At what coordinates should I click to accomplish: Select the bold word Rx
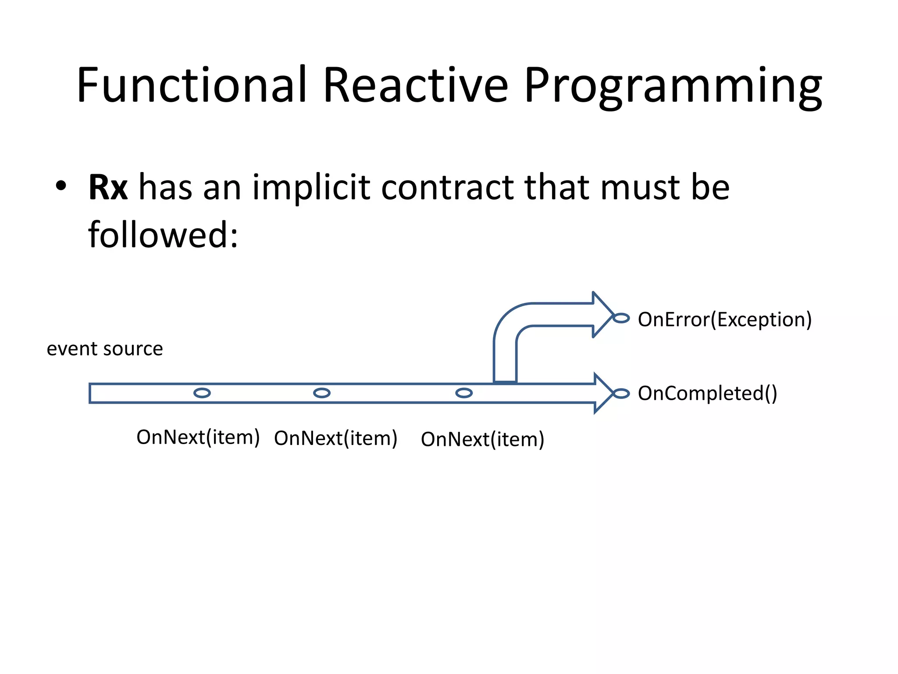coord(108,187)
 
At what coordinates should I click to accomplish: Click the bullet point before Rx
coord(61,186)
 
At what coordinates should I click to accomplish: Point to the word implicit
coord(311,187)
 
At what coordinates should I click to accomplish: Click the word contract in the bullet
coord(447,187)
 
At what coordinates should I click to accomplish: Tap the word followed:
coord(163,235)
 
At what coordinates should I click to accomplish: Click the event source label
coord(105,349)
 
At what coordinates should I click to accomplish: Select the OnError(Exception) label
coord(724,319)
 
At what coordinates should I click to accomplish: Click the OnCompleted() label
coord(707,393)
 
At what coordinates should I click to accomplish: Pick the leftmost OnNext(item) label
coord(198,437)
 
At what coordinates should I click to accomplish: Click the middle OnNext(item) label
coord(335,438)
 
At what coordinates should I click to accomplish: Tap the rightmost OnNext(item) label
coord(482,439)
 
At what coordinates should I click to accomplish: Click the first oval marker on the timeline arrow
coord(202,393)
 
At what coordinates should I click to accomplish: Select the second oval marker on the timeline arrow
coord(321,393)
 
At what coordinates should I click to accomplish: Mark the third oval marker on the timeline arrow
coord(463,393)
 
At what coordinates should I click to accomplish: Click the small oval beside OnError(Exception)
coord(621,318)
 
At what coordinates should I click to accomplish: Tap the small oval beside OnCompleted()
coord(621,394)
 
